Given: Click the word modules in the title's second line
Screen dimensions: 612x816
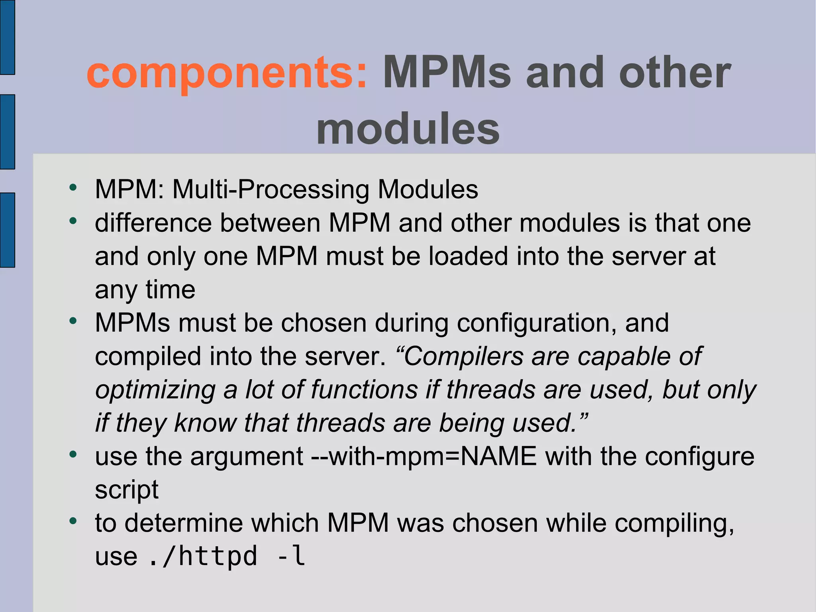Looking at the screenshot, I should click(x=408, y=129).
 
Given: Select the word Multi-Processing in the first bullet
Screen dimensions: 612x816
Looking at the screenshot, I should click(x=271, y=189).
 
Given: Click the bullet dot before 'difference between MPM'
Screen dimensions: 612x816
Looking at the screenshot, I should click(x=73, y=220).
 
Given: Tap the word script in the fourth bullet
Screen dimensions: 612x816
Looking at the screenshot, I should click(x=127, y=490).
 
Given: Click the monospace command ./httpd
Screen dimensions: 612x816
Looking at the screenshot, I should click(x=203, y=556).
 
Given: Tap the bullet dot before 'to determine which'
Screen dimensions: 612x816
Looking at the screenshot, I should click(x=73, y=521).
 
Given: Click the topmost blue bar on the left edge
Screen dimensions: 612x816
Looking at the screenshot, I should click(x=7, y=37).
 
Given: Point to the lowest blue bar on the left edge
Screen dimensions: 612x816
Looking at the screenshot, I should click(x=7, y=230).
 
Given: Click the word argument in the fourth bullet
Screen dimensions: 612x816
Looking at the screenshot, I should click(x=247, y=457).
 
